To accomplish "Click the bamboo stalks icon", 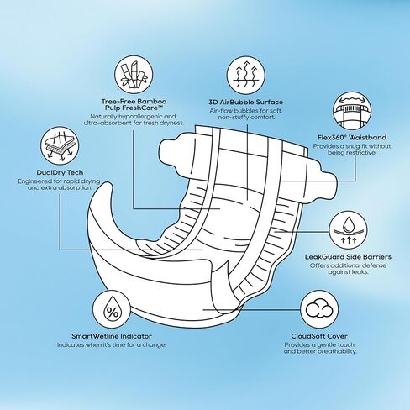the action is click(x=134, y=75).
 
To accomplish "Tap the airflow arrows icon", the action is click(x=245, y=75).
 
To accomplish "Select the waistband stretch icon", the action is click(x=352, y=109).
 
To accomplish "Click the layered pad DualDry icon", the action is click(x=60, y=145).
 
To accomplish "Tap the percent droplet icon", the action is click(x=112, y=309).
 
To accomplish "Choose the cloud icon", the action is click(x=319, y=309).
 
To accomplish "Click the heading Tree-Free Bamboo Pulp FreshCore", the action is click(x=134, y=104).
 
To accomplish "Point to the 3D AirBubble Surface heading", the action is click(x=245, y=102).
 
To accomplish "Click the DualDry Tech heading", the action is click(x=60, y=172).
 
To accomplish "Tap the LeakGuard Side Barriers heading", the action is click(x=348, y=257).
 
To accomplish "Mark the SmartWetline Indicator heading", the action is click(x=112, y=336).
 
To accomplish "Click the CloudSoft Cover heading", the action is click(x=319, y=336).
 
